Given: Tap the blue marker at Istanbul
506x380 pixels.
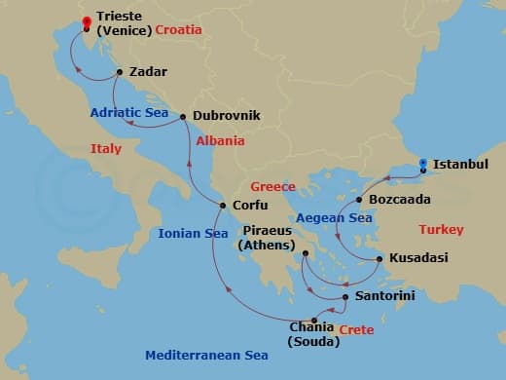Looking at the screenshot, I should (x=422, y=166).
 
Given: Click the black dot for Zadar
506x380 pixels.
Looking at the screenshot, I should (x=119, y=72).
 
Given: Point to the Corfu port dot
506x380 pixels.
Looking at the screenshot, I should (x=223, y=206).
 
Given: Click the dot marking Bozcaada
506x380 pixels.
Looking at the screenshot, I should (x=359, y=200).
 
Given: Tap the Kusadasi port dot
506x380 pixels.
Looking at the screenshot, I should (x=379, y=259).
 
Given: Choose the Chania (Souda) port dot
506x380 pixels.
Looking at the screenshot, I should (x=314, y=321).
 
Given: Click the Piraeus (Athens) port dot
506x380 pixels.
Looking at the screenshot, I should (x=305, y=253).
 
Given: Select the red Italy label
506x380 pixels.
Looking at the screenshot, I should (x=105, y=149).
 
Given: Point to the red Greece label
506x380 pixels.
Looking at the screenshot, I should (x=272, y=186).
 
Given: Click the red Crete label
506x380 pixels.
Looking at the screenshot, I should (x=355, y=331).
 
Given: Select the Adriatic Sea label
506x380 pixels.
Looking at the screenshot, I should (x=129, y=113).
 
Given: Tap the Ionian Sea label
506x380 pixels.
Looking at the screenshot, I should (x=194, y=234).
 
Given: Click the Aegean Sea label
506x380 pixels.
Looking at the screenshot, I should (x=334, y=218).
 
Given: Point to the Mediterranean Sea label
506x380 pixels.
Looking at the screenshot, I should (x=206, y=356).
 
